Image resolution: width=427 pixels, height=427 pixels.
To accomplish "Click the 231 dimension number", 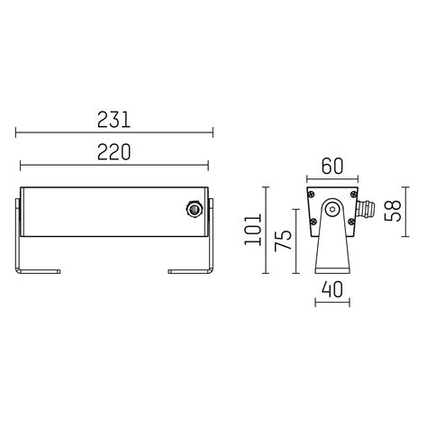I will [x=114, y=118].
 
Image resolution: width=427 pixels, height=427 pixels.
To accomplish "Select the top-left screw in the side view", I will [x=311, y=192].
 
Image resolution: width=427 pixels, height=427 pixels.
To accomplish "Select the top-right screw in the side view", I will [x=354, y=192].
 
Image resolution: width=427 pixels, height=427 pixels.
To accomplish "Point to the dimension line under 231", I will [x=114, y=133].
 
